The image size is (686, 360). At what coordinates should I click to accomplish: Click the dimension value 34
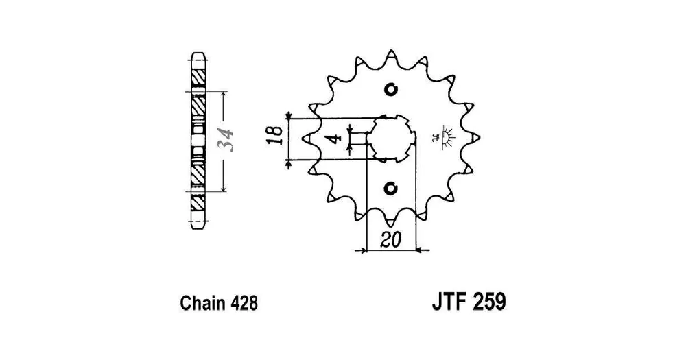click(x=227, y=140)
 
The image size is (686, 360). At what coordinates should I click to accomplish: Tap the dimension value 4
click(x=335, y=139)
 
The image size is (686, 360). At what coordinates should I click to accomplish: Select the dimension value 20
click(x=391, y=240)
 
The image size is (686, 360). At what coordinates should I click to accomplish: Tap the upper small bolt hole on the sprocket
click(x=391, y=89)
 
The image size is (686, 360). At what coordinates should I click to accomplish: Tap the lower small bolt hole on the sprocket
click(x=391, y=189)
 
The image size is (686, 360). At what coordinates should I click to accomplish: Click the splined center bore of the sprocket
click(x=391, y=139)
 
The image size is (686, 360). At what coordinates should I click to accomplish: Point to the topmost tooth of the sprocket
click(x=391, y=56)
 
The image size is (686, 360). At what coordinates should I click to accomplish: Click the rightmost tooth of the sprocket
click(x=474, y=138)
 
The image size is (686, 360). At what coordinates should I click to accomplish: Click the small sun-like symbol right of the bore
click(x=446, y=137)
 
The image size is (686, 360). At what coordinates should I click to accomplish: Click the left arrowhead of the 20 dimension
click(x=362, y=251)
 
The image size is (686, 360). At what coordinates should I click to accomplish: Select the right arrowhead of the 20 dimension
click(x=418, y=251)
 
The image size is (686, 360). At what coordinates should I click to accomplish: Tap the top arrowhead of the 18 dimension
click(x=288, y=115)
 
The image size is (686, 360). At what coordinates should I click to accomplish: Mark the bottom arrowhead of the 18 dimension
click(x=288, y=164)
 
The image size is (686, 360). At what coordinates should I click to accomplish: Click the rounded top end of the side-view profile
click(x=199, y=56)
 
